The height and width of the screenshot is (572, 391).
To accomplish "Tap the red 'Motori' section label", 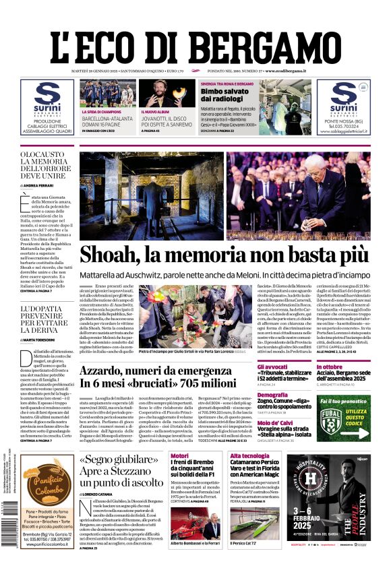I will pos(180,456).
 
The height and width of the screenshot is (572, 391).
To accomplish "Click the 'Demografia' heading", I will pos(272,395).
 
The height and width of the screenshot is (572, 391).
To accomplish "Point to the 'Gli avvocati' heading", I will pos(272,367).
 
